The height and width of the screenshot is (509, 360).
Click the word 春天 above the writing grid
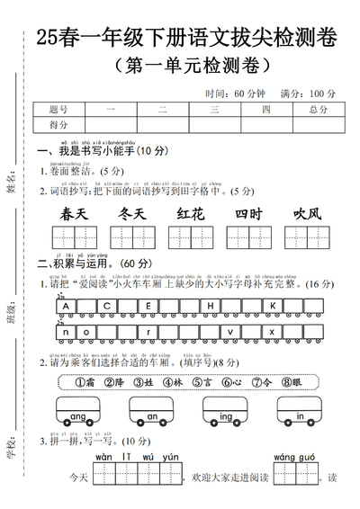click(x=74, y=214)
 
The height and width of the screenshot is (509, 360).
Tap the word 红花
click(x=190, y=214)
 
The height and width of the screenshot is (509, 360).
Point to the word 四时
click(x=247, y=214)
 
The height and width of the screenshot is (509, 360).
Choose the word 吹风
click(x=306, y=214)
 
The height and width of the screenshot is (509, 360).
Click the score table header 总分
click(x=317, y=110)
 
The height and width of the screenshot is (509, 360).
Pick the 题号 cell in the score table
click(x=60, y=110)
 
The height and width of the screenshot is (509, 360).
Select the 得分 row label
click(x=60, y=125)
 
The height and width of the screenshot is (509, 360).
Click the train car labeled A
click(x=67, y=306)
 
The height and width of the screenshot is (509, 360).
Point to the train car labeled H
click(x=211, y=306)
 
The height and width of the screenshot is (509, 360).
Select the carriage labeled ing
click(x=226, y=416)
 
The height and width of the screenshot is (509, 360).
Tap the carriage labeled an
click(x=152, y=416)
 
